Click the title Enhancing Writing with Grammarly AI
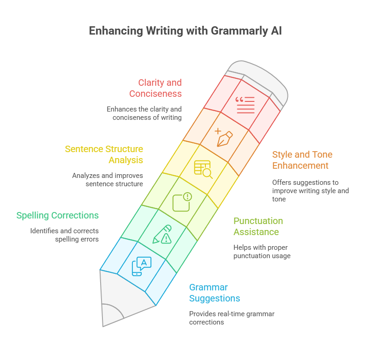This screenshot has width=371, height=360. click(x=185, y=31)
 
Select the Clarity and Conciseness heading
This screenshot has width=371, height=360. click(x=156, y=88)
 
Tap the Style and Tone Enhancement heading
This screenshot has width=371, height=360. click(x=302, y=160)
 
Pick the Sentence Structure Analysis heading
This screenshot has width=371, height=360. click(x=104, y=154)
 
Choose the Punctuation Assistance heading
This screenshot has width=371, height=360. click(x=258, y=226)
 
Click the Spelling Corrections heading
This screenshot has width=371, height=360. click(x=58, y=215)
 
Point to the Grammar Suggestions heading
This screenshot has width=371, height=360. click(x=215, y=293)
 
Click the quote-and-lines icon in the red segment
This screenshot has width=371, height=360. click(x=245, y=105)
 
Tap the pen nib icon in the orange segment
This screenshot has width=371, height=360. click(x=223, y=136)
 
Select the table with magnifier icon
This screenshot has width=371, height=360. click(x=203, y=169)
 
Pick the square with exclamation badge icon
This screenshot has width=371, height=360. click(x=181, y=201)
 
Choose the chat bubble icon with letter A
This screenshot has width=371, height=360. click(x=142, y=266)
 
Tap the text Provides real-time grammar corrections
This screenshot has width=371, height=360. click(x=232, y=318)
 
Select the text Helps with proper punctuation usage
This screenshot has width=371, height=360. click(x=262, y=251)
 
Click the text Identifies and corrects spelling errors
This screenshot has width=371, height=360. click(x=65, y=235)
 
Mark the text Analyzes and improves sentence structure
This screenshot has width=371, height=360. click(x=108, y=180)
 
